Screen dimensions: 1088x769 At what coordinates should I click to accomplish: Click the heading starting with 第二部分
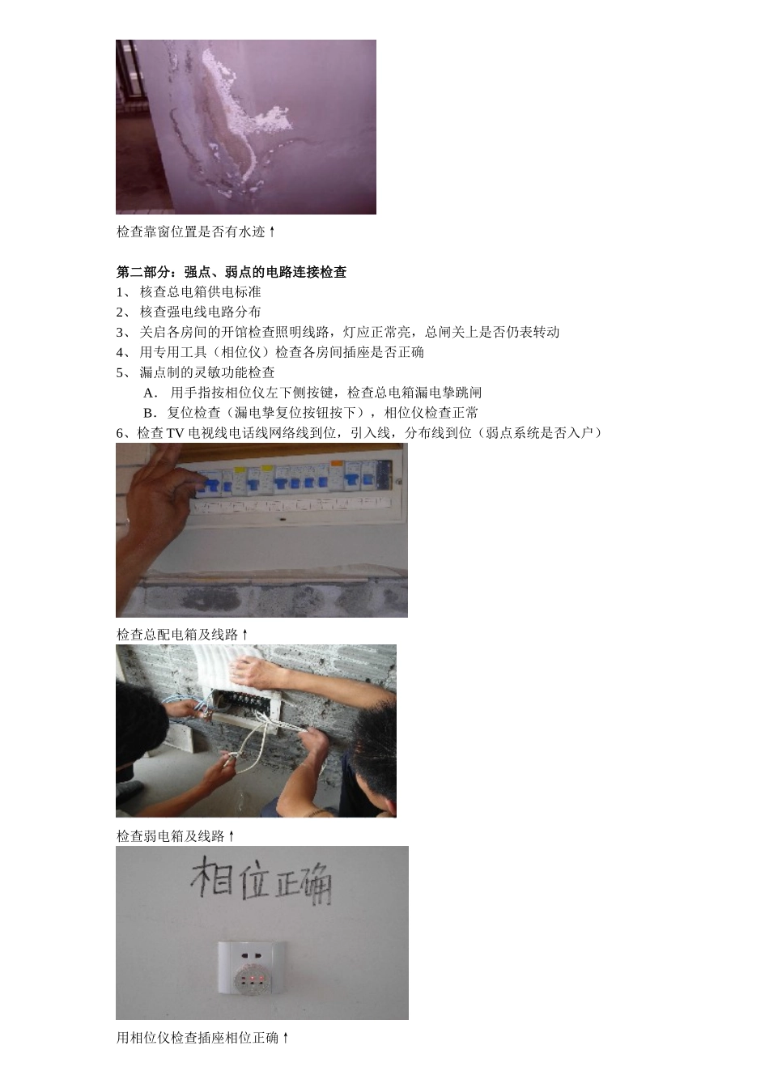[232, 272]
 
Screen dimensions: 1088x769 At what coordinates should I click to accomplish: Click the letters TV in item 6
[176, 433]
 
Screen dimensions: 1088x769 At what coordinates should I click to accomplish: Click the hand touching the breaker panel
[159, 494]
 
